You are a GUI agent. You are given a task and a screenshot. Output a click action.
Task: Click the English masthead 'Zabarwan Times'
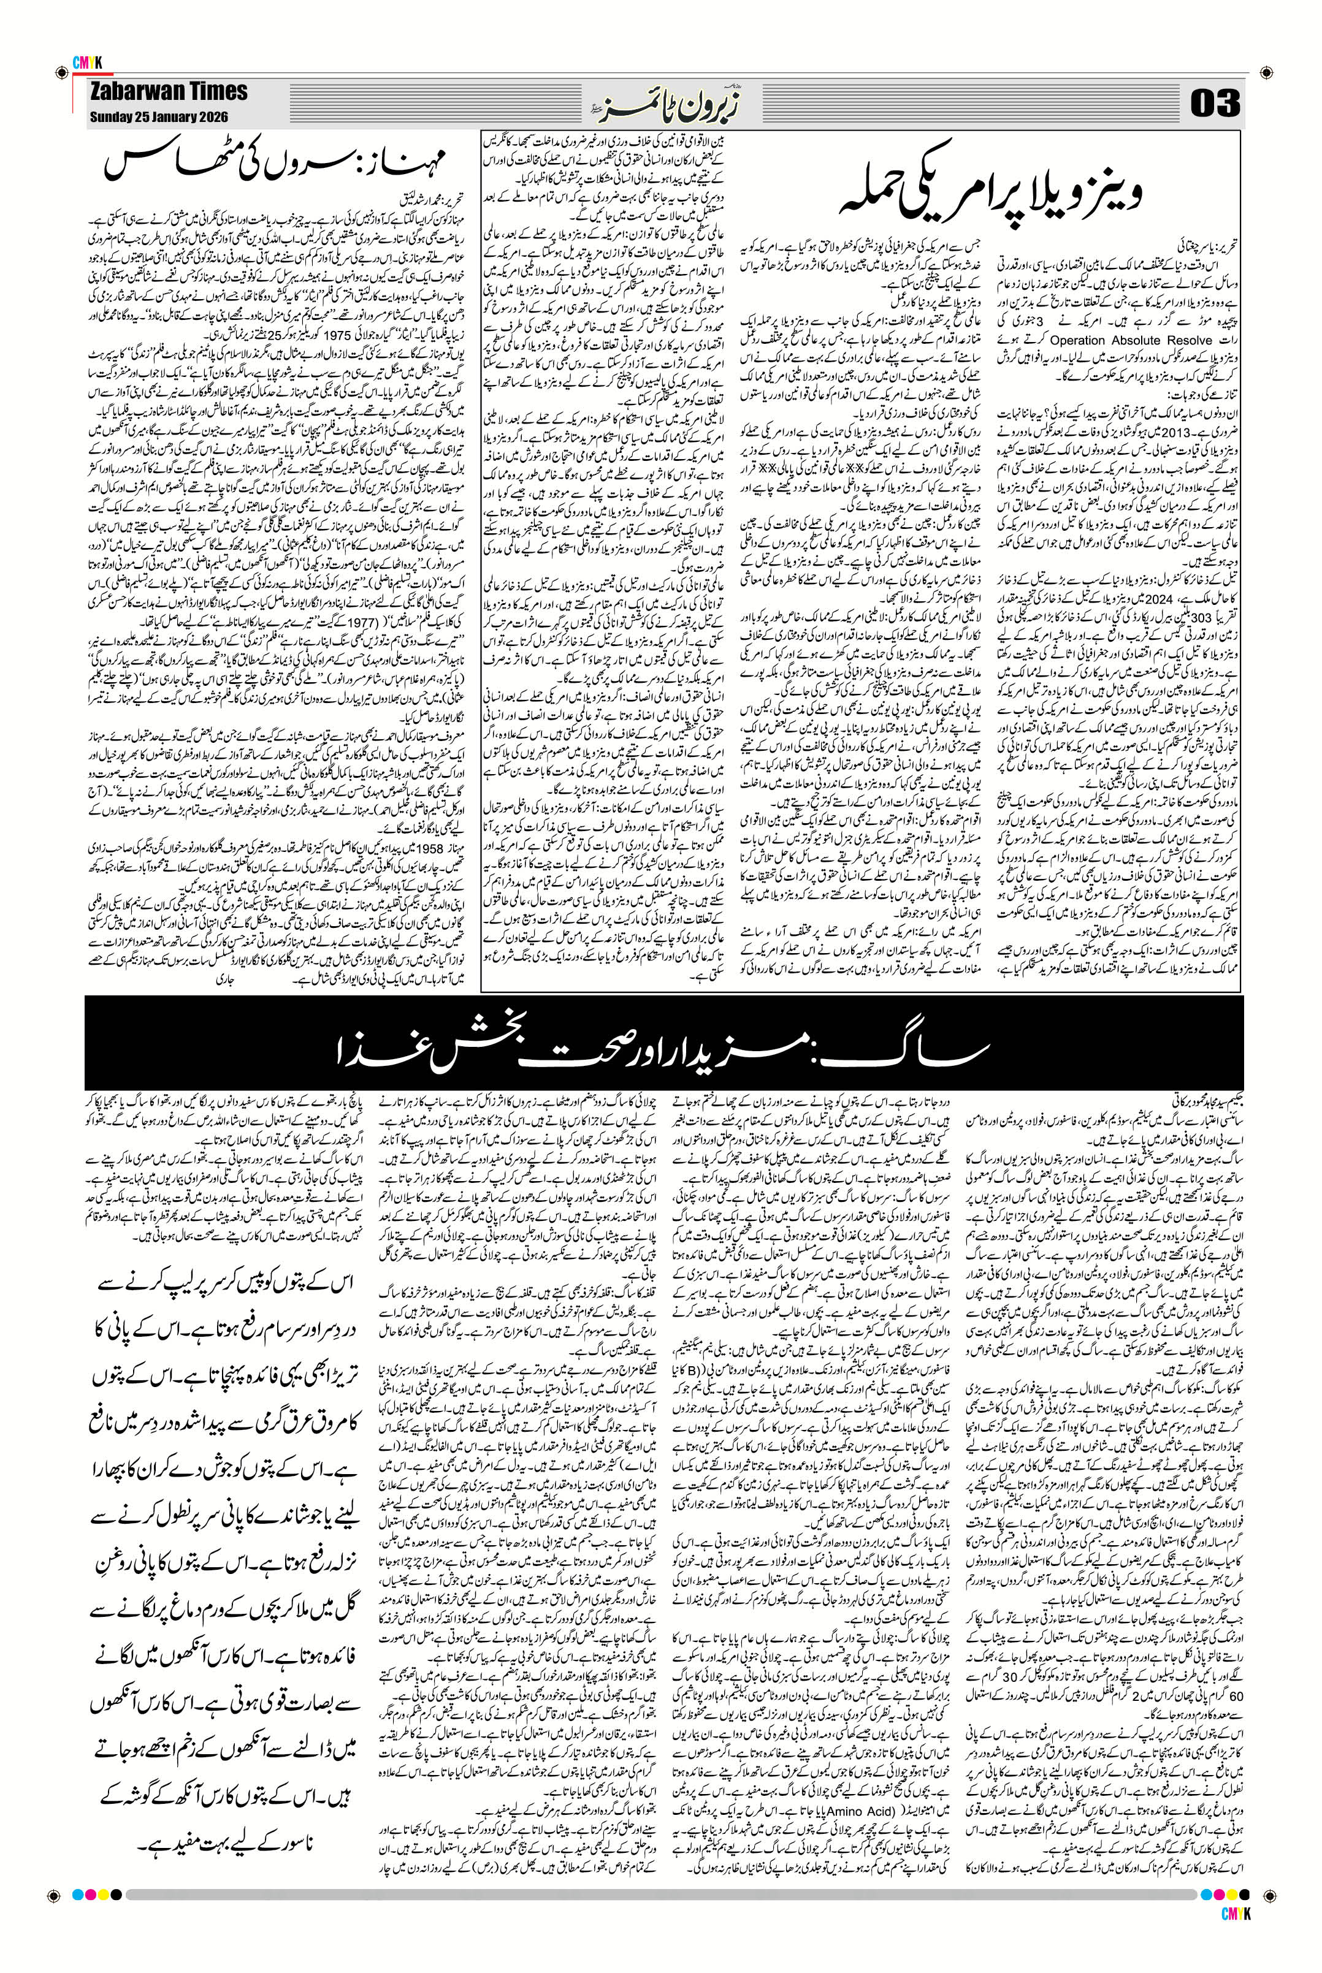(169, 91)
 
